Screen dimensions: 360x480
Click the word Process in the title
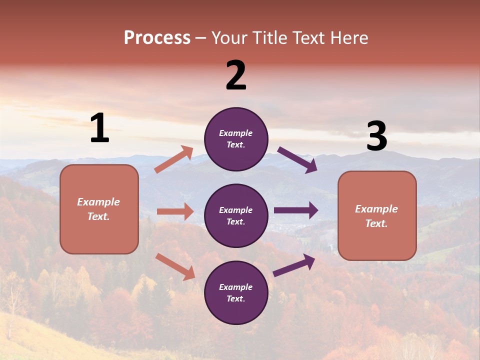pos(157,38)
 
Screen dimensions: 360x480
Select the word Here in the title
pos(348,38)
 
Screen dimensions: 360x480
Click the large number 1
pos(99,128)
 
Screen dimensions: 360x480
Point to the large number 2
pos(236,76)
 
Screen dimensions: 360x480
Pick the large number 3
pos(376,137)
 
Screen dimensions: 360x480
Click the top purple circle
pos(236,139)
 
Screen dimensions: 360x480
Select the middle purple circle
pos(236,215)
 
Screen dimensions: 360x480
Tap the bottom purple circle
pos(236,292)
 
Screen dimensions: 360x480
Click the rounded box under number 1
pos(99,209)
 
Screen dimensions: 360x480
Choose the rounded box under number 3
pos(377,216)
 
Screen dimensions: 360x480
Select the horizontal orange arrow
pos(175,211)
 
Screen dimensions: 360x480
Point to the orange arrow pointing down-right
pos(175,266)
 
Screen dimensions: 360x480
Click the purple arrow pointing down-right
pos(297,159)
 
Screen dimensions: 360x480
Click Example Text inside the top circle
pos(236,139)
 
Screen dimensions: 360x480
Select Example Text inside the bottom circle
pos(236,292)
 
